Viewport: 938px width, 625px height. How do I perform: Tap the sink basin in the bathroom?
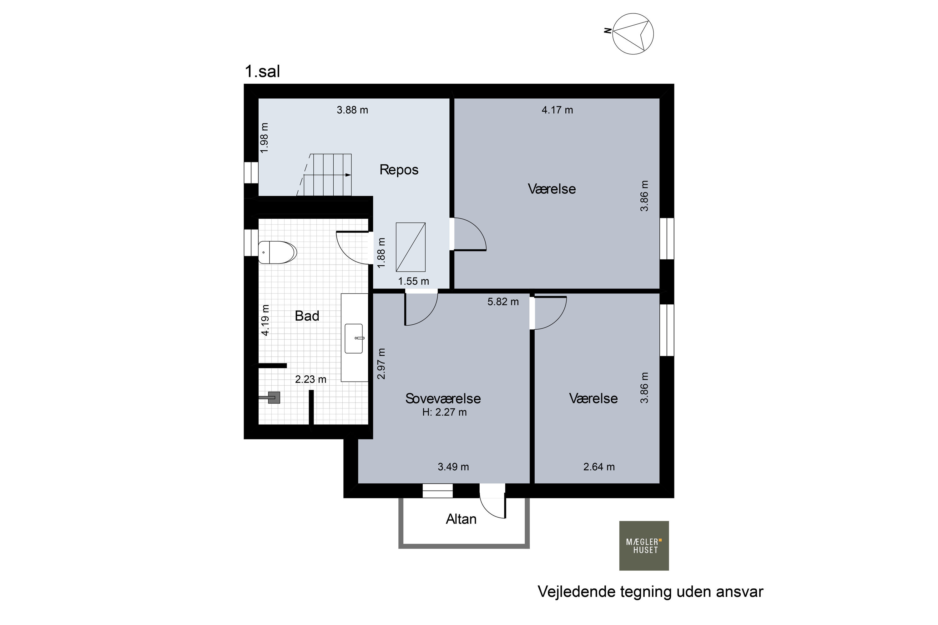pos(354,338)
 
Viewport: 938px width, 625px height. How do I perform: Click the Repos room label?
pos(399,170)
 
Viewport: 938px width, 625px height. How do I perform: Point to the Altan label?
pos(461,519)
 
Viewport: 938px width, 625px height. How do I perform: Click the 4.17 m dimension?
pos(557,110)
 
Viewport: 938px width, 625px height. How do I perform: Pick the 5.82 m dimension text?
pos(503,302)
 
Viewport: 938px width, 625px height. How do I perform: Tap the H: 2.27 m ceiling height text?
pos(444,412)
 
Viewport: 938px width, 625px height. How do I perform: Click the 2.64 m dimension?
pos(599,467)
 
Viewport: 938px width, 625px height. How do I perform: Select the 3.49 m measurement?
pos(453,467)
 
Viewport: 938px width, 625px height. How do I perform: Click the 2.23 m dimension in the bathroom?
pos(311,379)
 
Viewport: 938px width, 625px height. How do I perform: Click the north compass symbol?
pos(633,34)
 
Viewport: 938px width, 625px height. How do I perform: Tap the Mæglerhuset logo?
pos(644,546)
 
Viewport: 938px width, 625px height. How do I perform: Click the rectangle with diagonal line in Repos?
pos(410,247)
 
